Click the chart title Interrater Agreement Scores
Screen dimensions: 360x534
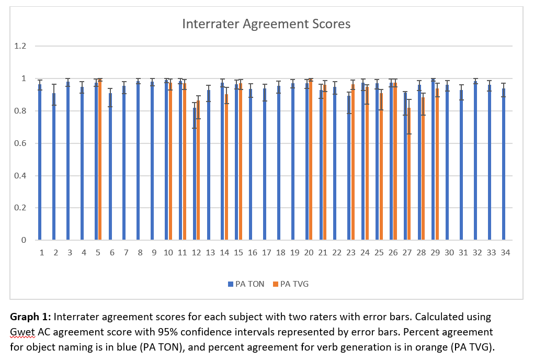pos(266,24)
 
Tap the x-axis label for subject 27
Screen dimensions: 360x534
pos(407,252)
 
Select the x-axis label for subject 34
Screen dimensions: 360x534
pos(505,252)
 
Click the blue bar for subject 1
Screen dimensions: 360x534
pos(40,162)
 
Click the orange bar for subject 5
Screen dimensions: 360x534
pos(100,160)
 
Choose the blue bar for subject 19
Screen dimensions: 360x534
pos(293,162)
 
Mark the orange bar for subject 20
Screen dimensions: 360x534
pos(311,160)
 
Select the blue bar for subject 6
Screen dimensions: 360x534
pos(110,167)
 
